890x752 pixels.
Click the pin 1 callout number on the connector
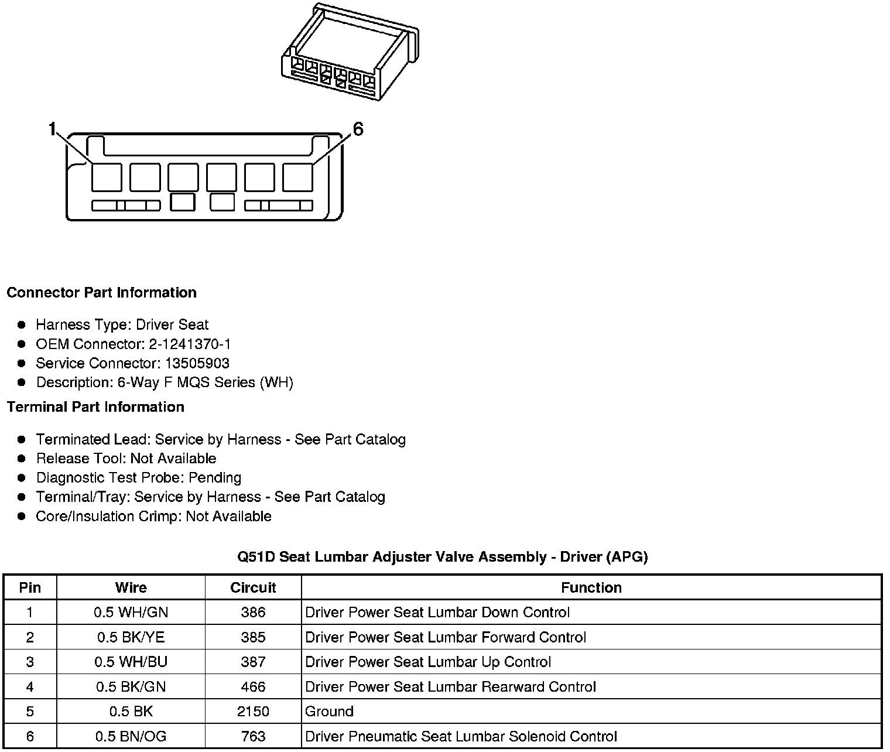pyautogui.click(x=53, y=129)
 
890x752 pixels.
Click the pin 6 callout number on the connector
pyautogui.click(x=358, y=129)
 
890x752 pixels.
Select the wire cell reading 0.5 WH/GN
pyautogui.click(x=131, y=613)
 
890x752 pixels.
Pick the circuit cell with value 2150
pyautogui.click(x=253, y=712)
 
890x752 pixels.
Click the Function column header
pyautogui.click(x=591, y=587)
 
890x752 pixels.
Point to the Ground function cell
pyautogui.click(x=329, y=712)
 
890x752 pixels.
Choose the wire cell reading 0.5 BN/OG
pyautogui.click(x=131, y=736)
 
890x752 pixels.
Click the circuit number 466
pyautogui.click(x=253, y=686)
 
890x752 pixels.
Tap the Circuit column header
pyautogui.click(x=253, y=587)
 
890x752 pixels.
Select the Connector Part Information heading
pyautogui.click(x=102, y=292)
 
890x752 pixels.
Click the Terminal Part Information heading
pyautogui.click(x=95, y=406)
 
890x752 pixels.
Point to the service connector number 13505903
pyautogui.click(x=197, y=363)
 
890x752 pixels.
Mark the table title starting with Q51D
pyautogui.click(x=442, y=556)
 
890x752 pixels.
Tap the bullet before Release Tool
pyautogui.click(x=22, y=459)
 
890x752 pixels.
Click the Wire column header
pyautogui.click(x=131, y=587)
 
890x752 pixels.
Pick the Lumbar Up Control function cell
pyautogui.click(x=428, y=662)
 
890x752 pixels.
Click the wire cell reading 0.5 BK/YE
pyautogui.click(x=131, y=637)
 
